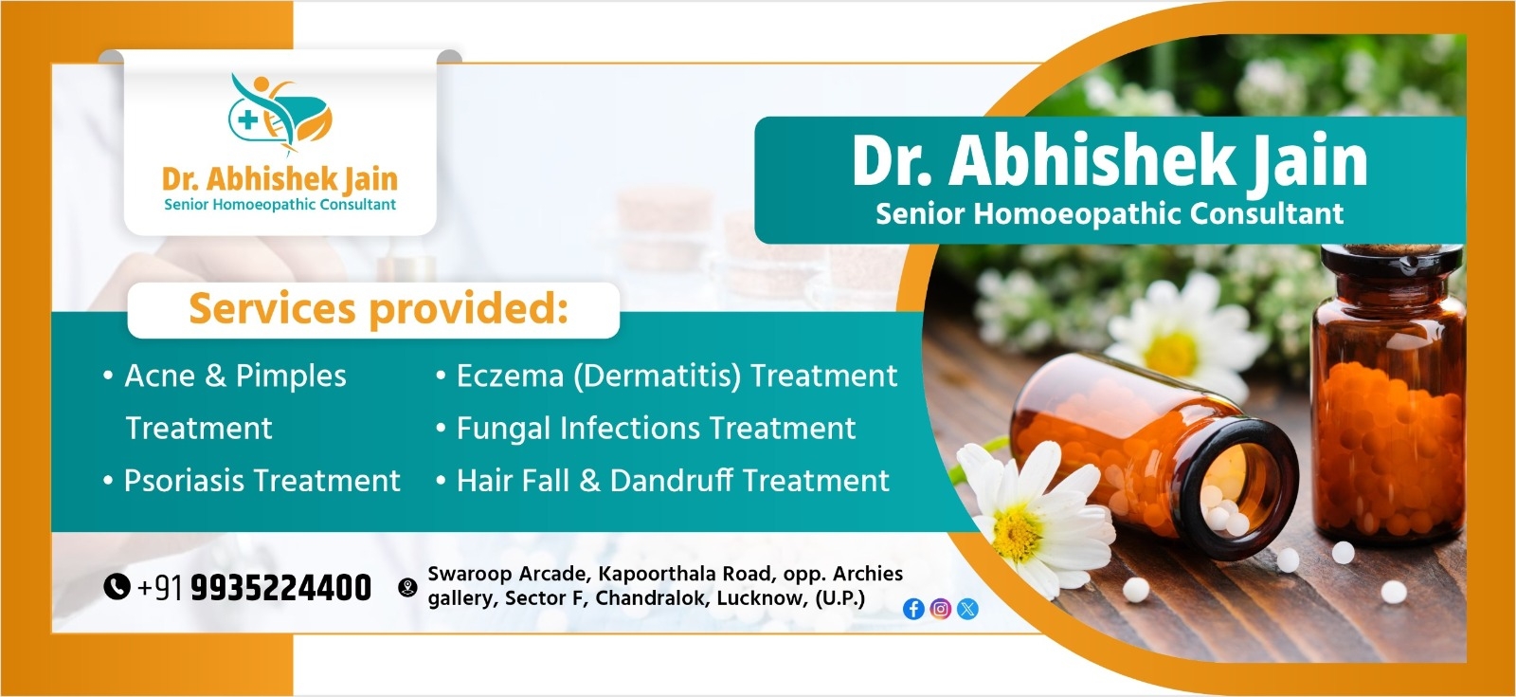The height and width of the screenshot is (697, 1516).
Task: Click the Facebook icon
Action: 913,609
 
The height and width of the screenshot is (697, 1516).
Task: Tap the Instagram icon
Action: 940,609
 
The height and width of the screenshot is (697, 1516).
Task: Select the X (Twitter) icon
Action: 967,609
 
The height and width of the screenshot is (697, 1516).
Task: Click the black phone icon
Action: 117,587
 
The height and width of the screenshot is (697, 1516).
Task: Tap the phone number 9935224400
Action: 280,587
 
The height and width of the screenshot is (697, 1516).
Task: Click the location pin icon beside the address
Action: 407,587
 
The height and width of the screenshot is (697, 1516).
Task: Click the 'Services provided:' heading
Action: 378,309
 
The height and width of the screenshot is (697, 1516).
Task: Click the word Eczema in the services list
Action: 511,376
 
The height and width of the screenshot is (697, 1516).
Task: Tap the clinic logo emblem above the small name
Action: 280,113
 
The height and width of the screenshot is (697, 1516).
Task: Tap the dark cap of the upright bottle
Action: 1391,268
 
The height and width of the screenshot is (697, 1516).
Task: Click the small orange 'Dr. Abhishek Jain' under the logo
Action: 280,179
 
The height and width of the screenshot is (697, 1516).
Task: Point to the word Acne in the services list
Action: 160,376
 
